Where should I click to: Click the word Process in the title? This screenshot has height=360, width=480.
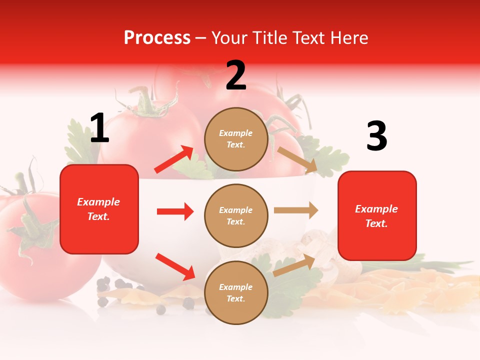pyautogui.click(x=157, y=38)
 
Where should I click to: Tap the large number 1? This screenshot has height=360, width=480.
pyautogui.click(x=99, y=128)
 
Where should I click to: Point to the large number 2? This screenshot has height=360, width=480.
pyautogui.click(x=236, y=75)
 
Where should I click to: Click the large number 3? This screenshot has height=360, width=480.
pyautogui.click(x=376, y=136)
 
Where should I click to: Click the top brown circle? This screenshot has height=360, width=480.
pyautogui.click(x=236, y=139)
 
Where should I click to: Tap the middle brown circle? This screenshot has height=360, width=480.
pyautogui.click(x=236, y=215)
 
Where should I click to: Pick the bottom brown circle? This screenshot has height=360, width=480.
pyautogui.click(x=236, y=292)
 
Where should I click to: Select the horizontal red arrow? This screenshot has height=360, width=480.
pyautogui.click(x=175, y=211)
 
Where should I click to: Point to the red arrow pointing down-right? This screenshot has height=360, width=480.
pyautogui.click(x=175, y=266)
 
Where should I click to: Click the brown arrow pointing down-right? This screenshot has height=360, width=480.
pyautogui.click(x=297, y=159)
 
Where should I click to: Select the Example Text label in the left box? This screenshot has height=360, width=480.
pyautogui.click(x=98, y=209)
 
